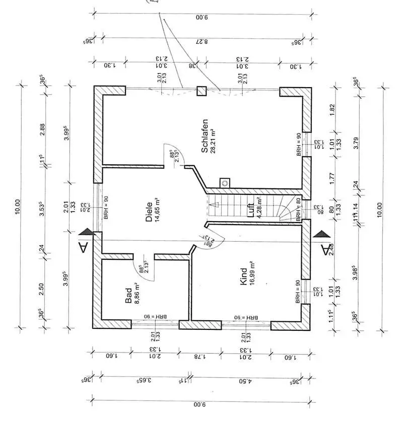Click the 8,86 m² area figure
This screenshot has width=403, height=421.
click(136, 294)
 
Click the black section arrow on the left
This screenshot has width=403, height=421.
click(87, 231)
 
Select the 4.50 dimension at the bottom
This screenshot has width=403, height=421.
click(245, 381)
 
